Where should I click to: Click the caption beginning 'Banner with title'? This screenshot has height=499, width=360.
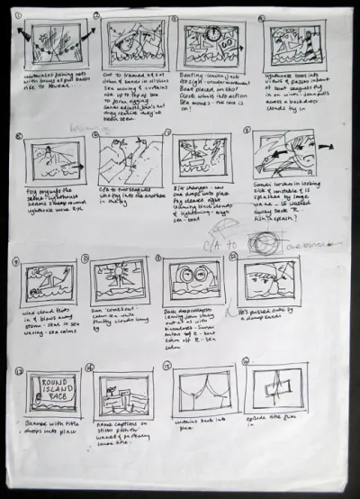[44, 428]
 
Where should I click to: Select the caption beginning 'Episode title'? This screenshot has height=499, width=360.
[272, 422]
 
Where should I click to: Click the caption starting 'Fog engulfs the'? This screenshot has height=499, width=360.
[49, 198]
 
